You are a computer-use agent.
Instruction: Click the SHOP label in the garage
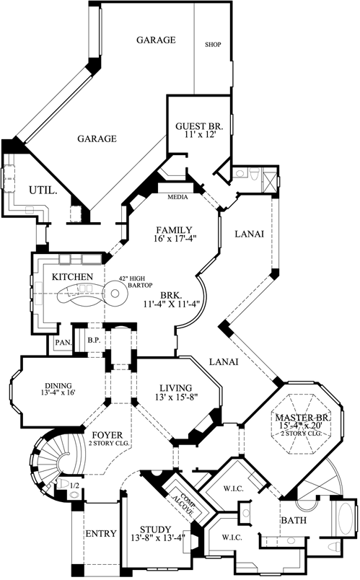pyautogui.click(x=213, y=44)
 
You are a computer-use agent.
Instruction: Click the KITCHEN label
pyautogui.click(x=71, y=277)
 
